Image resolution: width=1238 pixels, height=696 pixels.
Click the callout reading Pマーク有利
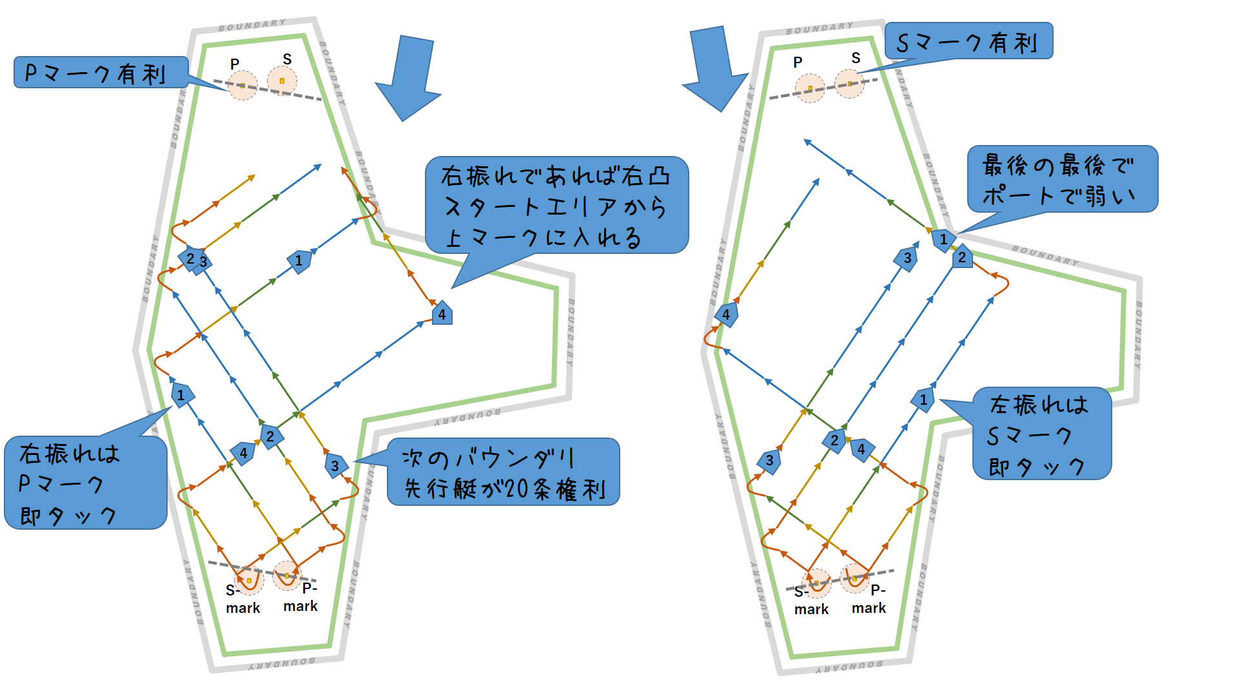coord(101,73)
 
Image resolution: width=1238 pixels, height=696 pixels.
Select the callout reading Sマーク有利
coord(968,42)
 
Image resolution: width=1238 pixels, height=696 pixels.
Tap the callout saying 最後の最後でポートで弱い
coord(1062,179)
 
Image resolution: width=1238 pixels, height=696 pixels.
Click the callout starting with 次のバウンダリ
coord(503,472)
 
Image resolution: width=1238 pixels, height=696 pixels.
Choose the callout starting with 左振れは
coord(1041,434)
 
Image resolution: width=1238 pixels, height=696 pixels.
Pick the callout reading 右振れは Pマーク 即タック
coord(85,483)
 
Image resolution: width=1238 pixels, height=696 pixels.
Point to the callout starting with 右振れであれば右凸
coord(556,206)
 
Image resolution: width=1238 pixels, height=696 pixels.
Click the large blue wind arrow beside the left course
coord(409,77)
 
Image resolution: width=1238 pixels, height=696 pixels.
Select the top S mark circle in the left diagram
coord(282,81)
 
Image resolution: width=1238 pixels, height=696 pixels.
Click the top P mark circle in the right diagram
coord(810,88)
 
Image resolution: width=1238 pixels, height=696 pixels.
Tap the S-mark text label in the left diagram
coord(242,599)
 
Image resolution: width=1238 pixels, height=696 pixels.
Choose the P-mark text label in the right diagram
coord(869,599)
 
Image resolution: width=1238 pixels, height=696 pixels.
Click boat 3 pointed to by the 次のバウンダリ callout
coord(335,465)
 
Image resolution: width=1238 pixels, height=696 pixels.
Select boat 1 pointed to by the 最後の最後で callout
coord(943,240)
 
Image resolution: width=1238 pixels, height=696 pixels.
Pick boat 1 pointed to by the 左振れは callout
coord(923,400)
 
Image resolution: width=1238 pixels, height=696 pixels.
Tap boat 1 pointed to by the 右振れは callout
coord(181,395)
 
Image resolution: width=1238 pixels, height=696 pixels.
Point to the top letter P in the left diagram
coord(235,64)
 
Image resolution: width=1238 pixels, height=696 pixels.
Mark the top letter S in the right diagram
coord(856,58)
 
